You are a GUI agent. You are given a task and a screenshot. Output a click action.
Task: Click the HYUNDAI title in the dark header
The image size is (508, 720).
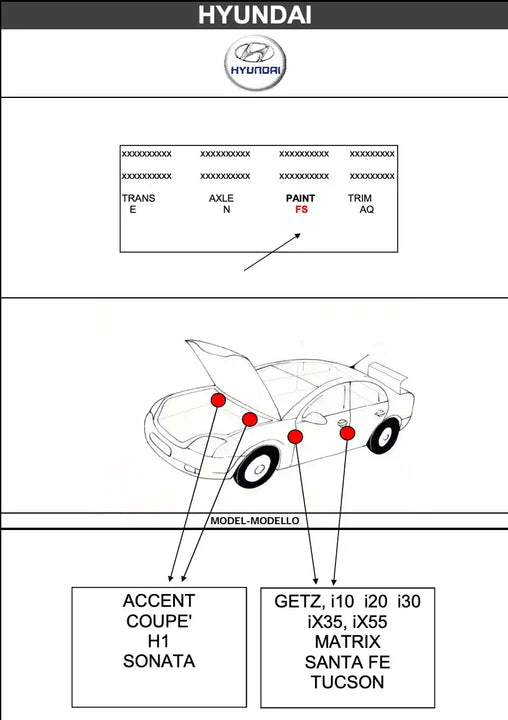(x=254, y=15)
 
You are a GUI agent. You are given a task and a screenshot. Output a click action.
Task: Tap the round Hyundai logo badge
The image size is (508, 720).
(x=255, y=62)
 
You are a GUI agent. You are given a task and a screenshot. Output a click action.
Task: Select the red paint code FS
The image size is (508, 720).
(x=301, y=209)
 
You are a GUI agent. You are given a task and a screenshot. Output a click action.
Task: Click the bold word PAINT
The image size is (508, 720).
(x=300, y=198)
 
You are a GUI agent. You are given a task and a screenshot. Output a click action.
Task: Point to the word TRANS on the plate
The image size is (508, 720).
(x=139, y=198)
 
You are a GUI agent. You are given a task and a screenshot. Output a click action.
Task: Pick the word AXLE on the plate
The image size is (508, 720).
(x=221, y=198)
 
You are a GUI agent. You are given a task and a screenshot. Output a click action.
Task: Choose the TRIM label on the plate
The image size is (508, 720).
(x=360, y=198)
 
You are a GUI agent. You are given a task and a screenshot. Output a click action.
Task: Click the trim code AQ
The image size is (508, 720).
(x=367, y=209)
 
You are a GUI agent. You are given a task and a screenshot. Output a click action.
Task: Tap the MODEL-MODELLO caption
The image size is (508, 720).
(x=254, y=521)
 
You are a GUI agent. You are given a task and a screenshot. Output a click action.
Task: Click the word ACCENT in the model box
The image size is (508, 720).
(x=159, y=601)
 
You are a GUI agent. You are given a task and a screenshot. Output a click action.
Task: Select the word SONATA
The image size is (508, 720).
(x=159, y=661)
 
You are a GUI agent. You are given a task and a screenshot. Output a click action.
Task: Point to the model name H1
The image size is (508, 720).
(x=158, y=641)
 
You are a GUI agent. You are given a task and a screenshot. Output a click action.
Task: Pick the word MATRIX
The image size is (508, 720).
(x=348, y=641)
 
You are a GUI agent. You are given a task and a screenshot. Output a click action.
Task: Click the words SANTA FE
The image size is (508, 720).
(x=347, y=662)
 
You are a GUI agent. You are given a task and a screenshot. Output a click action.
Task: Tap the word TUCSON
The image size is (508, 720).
(x=347, y=682)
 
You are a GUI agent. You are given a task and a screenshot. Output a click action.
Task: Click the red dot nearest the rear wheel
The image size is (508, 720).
(x=347, y=433)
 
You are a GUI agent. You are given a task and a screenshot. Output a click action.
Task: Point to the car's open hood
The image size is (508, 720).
(x=234, y=373)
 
